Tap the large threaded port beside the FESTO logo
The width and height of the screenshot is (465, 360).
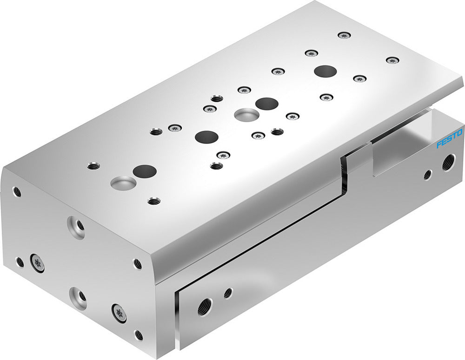tap(448, 163)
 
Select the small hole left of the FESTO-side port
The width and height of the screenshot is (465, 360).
tap(427, 175)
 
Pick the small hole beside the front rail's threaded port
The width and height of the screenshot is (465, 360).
tap(228, 293)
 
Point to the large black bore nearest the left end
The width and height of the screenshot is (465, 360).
tap(144, 171)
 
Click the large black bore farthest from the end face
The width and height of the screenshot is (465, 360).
tap(325, 72)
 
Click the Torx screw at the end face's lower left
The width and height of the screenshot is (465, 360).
tap(37, 263)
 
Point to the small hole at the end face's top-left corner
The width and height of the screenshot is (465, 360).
tap(17, 191)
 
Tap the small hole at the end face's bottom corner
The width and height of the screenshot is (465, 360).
tap(138, 335)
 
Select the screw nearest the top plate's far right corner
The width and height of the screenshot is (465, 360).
tap(393, 60)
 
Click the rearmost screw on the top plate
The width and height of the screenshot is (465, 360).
tap(344, 35)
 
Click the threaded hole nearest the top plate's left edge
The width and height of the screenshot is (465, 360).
tap(93, 165)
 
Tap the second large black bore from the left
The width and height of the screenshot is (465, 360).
tap(207, 137)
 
